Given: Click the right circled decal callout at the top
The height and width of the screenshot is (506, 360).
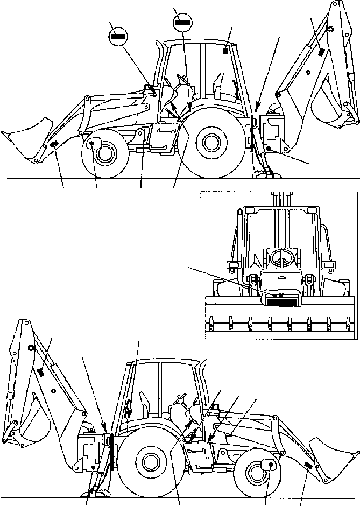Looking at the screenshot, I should tap(182, 23).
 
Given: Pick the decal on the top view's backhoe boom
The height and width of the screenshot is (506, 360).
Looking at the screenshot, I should tap(321, 52).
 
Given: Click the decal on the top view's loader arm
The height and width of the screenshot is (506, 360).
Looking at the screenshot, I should tap(54, 144).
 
